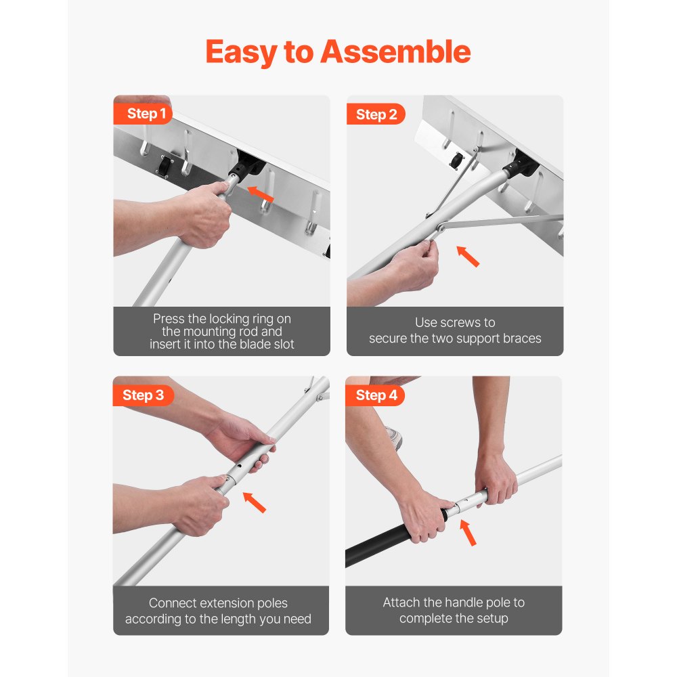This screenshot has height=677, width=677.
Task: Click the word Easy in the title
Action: pyautogui.click(x=241, y=53)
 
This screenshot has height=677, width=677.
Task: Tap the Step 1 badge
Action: pyautogui.click(x=144, y=114)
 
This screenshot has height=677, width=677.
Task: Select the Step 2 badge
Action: pyautogui.click(x=376, y=114)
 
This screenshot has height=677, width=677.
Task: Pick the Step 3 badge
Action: pyautogui.click(x=143, y=395)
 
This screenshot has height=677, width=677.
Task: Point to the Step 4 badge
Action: pyautogui.click(x=376, y=395)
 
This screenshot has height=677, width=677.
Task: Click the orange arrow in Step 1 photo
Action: pyautogui.click(x=261, y=194)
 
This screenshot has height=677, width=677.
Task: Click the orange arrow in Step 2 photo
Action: pyautogui.click(x=468, y=256)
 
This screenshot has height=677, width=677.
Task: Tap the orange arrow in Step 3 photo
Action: pyautogui.click(x=255, y=502)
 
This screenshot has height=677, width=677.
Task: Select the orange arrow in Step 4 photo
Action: pyautogui.click(x=468, y=532)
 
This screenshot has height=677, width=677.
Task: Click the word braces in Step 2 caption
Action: pyautogui.click(x=521, y=338)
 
